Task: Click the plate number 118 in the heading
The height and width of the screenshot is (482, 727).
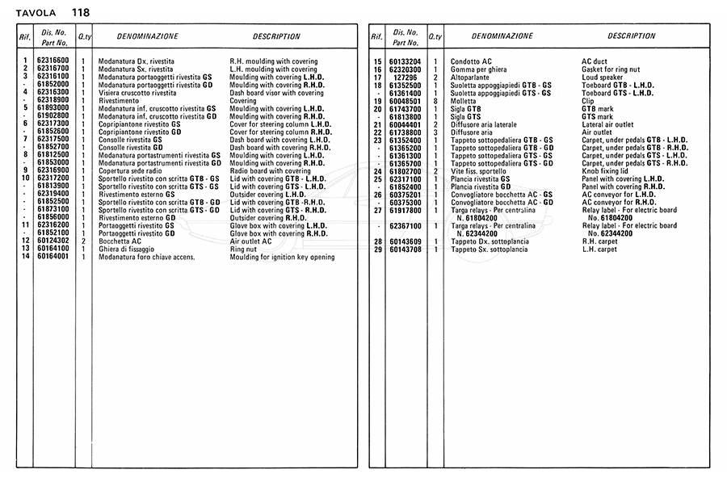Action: coord(80,12)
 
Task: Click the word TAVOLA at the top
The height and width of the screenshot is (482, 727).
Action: coord(36,13)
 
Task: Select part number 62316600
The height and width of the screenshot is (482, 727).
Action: coord(53,61)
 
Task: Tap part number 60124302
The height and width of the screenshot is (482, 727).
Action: coord(53,241)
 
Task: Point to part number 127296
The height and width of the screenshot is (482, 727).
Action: coord(406,77)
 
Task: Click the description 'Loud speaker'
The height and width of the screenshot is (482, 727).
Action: coord(601,77)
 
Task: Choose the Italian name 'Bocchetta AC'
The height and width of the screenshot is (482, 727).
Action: coord(120,241)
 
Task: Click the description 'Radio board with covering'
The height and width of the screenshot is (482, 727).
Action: coord(270,171)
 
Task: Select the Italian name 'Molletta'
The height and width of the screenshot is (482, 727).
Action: coord(464,101)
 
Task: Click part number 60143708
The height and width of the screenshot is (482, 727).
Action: coord(406,249)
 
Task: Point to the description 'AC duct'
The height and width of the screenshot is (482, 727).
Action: coord(595,61)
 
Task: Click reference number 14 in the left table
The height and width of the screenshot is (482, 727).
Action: coord(25,258)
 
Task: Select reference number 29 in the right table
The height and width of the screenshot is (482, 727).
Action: coord(377,249)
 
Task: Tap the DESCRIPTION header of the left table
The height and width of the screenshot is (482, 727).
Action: coord(276,36)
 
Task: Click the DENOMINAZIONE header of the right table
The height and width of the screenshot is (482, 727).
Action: coord(502,36)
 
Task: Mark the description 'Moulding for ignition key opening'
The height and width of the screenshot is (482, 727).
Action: coord(282,258)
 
